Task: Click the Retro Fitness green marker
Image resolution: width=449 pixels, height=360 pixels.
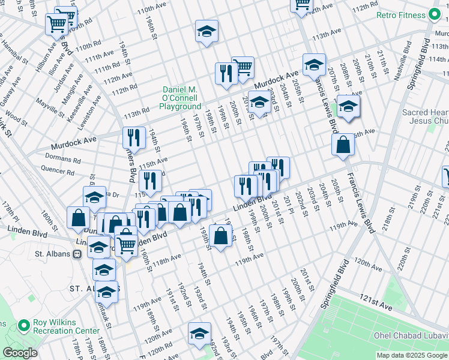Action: click(435, 16)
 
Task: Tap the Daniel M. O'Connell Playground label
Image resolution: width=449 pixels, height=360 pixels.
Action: click(180, 98)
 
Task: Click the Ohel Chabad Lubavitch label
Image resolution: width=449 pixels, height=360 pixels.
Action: click(411, 335)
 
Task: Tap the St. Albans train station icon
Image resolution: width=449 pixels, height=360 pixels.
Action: click(77, 254)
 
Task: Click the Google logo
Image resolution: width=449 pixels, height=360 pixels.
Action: click(20, 353)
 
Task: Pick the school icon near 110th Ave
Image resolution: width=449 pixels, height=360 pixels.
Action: click(206, 31)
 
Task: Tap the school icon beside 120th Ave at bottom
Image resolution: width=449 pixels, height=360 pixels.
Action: click(199, 334)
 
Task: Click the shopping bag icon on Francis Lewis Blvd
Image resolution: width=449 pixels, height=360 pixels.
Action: click(342, 145)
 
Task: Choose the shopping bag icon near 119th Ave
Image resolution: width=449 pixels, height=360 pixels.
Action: click(221, 235)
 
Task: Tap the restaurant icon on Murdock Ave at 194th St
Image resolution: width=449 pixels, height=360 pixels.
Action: click(134, 137)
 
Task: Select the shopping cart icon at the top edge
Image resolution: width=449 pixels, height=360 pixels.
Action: click(301, 5)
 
